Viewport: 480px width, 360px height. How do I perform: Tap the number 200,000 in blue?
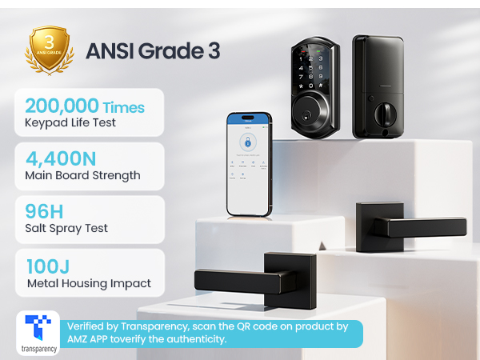click(62, 106)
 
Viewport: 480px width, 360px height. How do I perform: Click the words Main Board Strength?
click(82, 175)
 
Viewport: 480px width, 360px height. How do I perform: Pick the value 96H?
click(44, 210)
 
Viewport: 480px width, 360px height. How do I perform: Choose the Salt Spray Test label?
click(66, 228)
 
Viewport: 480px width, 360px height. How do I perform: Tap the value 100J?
click(47, 264)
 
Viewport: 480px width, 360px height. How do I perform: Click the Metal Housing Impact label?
click(88, 282)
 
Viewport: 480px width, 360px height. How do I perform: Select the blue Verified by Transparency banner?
click(212, 334)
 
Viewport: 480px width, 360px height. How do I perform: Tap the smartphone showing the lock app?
click(249, 163)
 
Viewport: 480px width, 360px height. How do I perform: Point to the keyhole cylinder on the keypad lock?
click(314, 120)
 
